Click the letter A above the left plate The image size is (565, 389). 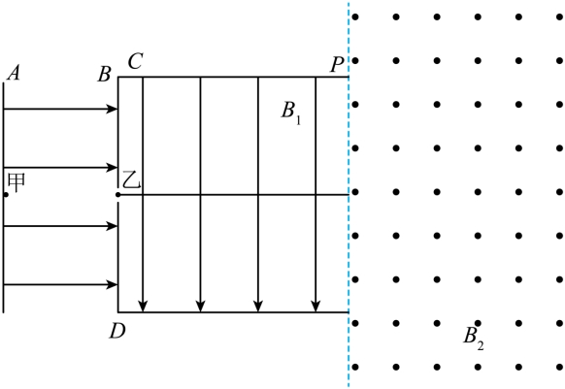coord(14,73)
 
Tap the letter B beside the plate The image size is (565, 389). coord(105,75)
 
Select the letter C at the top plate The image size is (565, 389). coord(136,61)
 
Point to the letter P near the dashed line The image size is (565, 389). coord(338,65)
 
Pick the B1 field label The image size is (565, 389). coord(291,113)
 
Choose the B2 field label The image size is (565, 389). coord(474,339)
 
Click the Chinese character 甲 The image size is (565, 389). coord(17,182)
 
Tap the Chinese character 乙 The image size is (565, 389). coord(131,179)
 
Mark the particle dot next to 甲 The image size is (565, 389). coord(6,195)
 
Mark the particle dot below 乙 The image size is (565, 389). coord(117,195)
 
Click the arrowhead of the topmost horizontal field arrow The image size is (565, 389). coord(113,109)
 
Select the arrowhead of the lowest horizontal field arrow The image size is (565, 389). coord(113,284)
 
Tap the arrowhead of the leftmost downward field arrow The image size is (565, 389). coord(143,307)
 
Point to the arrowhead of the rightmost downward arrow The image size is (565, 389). coord(316,307)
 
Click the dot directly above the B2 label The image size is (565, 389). coord(478,323)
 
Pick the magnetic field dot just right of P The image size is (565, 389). coord(355,60)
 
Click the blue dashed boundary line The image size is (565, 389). coord(349,194)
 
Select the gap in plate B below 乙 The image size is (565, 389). coord(117,200)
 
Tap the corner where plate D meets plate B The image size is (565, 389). coord(118,312)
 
